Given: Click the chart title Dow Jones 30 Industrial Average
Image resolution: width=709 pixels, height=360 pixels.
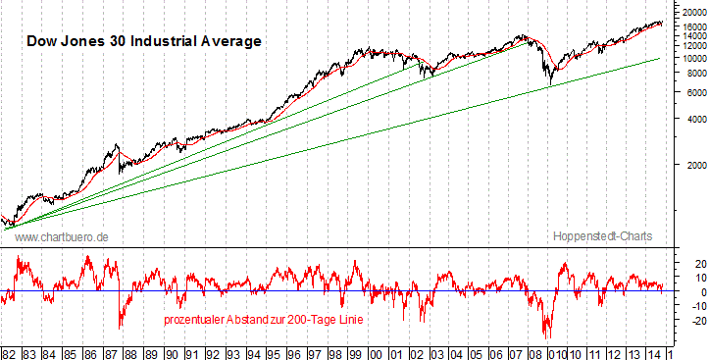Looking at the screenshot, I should (143, 41).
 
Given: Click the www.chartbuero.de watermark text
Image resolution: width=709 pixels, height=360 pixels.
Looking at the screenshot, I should (62, 237).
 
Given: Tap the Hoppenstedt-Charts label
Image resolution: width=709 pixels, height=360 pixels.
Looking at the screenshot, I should (602, 237).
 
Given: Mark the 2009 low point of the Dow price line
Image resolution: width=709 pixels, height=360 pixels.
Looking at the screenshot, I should (550, 84).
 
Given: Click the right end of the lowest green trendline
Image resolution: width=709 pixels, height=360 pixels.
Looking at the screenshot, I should (658, 59).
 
